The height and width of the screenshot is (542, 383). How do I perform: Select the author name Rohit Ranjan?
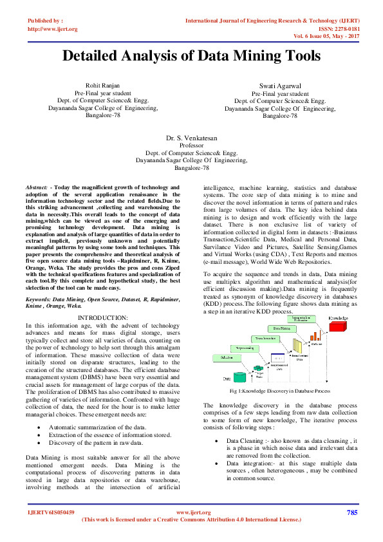(103, 86)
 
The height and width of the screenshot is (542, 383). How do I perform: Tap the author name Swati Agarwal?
(279, 86)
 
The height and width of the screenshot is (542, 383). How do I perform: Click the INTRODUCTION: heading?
(103, 318)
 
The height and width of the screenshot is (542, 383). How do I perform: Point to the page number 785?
(351, 512)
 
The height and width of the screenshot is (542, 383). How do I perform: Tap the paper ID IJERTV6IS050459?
(51, 512)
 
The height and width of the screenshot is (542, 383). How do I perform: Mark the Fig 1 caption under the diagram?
(280, 391)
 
